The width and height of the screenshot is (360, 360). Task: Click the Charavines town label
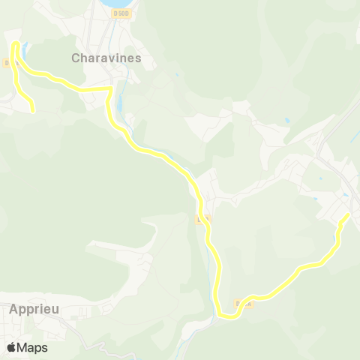106,57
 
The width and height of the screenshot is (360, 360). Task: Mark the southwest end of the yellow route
32,111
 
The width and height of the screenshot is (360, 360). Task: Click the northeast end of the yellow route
349,214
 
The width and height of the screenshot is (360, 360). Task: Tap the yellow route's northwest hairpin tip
16,45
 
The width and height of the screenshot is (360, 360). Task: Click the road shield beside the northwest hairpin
9,64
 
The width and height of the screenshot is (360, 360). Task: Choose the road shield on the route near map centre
201,220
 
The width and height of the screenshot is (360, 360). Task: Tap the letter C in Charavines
76,57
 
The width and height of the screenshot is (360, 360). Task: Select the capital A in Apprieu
15,308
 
